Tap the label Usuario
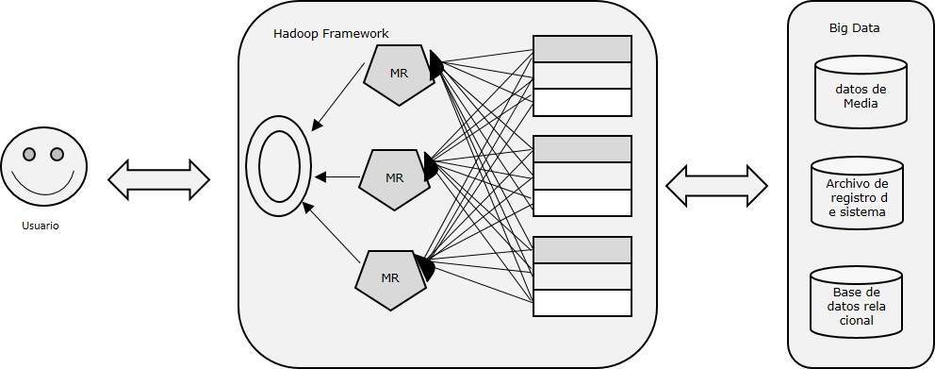point(41,226)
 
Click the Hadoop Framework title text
point(331,34)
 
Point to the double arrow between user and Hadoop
point(158,179)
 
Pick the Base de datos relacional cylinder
point(855,307)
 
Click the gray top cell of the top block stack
point(582,49)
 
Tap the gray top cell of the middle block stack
point(582,149)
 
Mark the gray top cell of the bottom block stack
point(582,250)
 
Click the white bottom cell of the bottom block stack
point(582,303)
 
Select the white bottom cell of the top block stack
point(582,102)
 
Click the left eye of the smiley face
point(30,154)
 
